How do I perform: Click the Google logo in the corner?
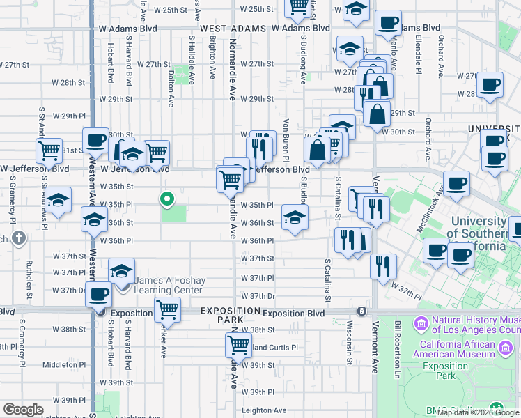[x=23, y=410]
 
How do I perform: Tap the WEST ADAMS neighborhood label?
[x=233, y=29]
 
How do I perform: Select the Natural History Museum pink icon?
[x=420, y=323]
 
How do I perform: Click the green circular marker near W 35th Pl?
[x=167, y=200]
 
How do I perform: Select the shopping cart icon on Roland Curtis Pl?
[x=238, y=344]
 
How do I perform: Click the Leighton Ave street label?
[x=264, y=410]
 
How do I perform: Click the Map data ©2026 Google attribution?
[x=478, y=412]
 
